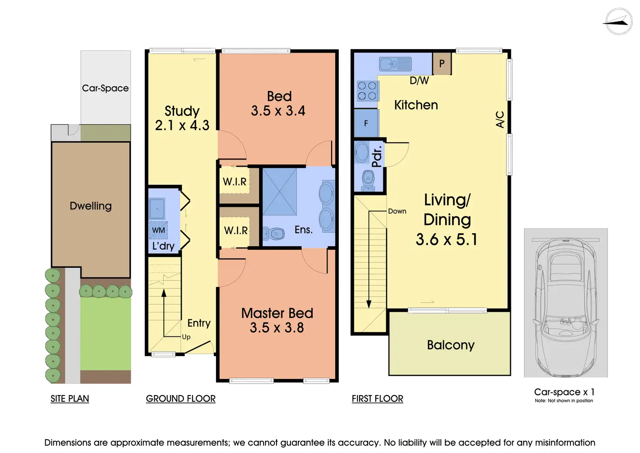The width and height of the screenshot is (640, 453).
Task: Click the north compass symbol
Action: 619,21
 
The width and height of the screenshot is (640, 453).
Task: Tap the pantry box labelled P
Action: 442,64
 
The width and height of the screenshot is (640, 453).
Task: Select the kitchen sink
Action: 395,64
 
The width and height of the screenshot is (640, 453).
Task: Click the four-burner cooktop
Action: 367,91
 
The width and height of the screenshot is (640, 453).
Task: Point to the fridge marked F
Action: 366,123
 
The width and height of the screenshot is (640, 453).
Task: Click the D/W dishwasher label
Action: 419,81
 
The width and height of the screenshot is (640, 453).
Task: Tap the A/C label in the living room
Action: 500,119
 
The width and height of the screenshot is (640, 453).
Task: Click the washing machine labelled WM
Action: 158,230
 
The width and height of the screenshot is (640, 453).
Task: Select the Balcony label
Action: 450,345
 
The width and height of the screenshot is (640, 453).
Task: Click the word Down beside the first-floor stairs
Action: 397,211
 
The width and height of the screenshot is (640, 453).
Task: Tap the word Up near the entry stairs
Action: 186,337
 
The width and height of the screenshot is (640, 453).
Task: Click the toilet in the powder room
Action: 368,181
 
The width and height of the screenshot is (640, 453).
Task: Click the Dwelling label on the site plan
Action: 90,206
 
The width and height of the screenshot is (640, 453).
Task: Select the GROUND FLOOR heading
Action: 180,398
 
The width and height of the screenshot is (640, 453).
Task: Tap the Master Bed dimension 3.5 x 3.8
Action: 277,328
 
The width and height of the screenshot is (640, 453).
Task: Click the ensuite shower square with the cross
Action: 280,191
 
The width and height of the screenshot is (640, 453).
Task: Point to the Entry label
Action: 199,323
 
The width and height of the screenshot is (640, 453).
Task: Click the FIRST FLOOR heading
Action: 377,398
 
